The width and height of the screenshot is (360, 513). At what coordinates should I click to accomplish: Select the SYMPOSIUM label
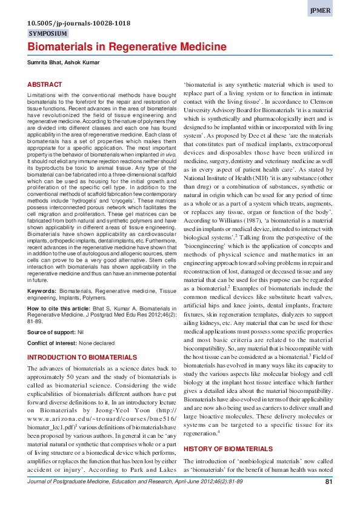pos(48,34)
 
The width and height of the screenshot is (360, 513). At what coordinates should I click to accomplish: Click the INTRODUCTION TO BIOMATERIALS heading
pos(82,358)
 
